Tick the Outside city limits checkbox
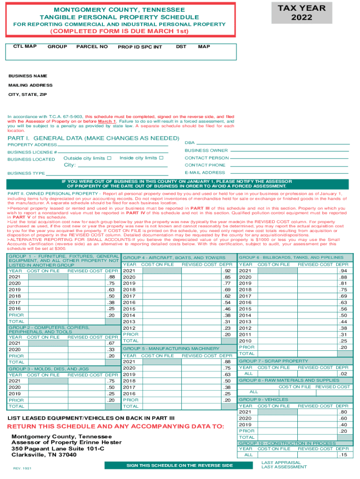click(109, 158)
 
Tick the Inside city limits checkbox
click(161, 158)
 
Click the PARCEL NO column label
click(92, 47)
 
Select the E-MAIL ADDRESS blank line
click(289, 173)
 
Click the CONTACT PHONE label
click(205, 165)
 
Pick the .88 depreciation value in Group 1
click(111, 277)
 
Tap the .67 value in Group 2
click(111, 343)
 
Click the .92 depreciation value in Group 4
click(228, 271)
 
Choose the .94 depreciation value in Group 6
click(344, 271)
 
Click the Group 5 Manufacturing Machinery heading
click(171, 348)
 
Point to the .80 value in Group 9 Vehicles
click(344, 412)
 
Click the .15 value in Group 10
click(344, 455)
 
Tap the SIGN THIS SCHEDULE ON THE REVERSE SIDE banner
click(180, 465)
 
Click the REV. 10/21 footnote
click(22, 468)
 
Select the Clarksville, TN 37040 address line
click(44, 455)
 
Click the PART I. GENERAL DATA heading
click(94, 138)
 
